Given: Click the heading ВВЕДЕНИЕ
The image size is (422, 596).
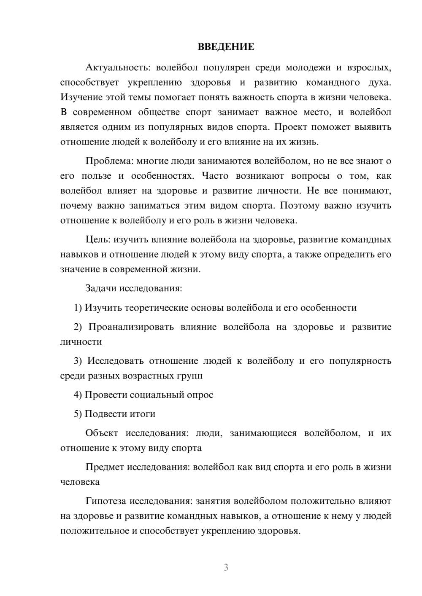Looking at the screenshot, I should tap(226, 47).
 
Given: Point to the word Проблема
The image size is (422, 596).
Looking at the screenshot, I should tap(105, 161).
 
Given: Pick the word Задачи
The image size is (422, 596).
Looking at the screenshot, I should tap(101, 288).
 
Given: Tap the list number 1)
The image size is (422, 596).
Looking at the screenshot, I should tap(78, 308).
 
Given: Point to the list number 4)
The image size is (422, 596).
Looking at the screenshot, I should tap(78, 395).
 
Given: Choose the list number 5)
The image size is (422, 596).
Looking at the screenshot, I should tap(78, 414).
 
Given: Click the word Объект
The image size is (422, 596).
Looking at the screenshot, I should tap(102, 433).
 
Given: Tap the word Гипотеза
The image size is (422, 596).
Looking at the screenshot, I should tap(106, 501).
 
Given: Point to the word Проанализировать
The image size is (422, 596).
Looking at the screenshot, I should tap(131, 327).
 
